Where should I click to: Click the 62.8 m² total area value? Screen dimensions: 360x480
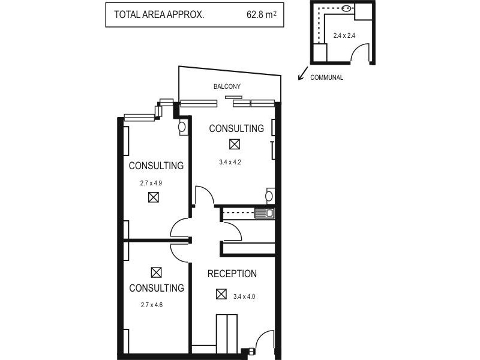click(261, 15)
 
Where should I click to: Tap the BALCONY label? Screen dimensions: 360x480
click(227, 87)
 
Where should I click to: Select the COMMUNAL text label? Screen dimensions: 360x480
click(327, 77)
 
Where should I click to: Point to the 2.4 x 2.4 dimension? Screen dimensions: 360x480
click(344, 35)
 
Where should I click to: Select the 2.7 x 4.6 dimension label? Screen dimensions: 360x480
click(151, 305)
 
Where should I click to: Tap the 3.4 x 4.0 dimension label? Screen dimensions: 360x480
click(244, 295)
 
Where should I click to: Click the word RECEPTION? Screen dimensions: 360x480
click(232, 274)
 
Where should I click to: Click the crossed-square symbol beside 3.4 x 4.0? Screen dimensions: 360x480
click(221, 295)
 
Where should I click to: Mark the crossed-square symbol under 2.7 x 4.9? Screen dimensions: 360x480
click(154, 197)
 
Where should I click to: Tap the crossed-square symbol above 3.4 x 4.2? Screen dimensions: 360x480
click(234, 144)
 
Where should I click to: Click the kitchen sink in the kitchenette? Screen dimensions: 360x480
click(264, 212)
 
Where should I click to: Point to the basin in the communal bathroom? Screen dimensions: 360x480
click(347, 9)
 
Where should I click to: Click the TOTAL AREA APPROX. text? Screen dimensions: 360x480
click(155, 15)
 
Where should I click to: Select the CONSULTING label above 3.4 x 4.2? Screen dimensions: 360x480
click(236, 128)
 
